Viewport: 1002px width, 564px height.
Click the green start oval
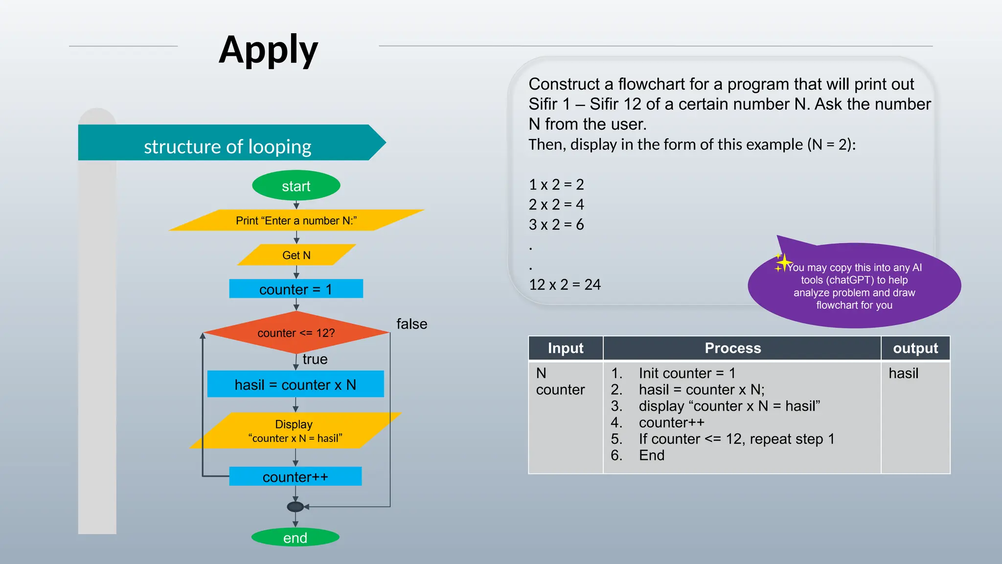pyautogui.click(x=296, y=186)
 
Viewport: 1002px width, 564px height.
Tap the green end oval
pyautogui.click(x=295, y=538)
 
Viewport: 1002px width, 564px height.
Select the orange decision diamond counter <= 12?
pyautogui.click(x=296, y=333)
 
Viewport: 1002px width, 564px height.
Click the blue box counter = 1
pyautogui.click(x=296, y=289)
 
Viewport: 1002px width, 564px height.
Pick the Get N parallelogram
pyautogui.click(x=296, y=255)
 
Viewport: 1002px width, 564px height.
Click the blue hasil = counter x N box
pyautogui.click(x=296, y=384)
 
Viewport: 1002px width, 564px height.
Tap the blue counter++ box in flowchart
pyautogui.click(x=296, y=476)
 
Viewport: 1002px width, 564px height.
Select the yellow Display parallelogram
pyautogui.click(x=295, y=431)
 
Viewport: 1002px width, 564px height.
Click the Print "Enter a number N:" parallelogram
pyautogui.click(x=296, y=220)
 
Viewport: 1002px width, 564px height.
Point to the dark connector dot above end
pyautogui.click(x=295, y=507)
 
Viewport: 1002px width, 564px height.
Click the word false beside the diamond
pyautogui.click(x=411, y=324)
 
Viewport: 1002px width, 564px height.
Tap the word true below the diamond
pyautogui.click(x=315, y=359)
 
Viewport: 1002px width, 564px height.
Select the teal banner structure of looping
pyautogui.click(x=228, y=146)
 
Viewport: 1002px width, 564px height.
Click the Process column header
pyautogui.click(x=732, y=348)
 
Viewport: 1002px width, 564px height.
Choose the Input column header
pyautogui.click(x=566, y=348)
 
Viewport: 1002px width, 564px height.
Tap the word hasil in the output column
pyautogui.click(x=903, y=373)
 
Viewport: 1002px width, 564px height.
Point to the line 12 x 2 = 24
pyautogui.click(x=565, y=284)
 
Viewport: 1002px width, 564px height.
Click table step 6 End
pyautogui.click(x=651, y=455)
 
